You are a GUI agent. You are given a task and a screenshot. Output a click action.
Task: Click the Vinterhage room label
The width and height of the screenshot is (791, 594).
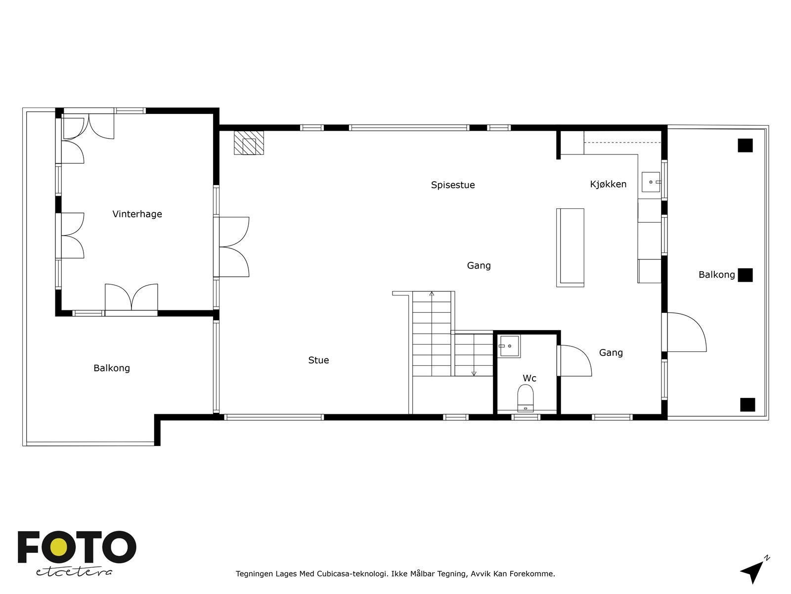click(137, 214)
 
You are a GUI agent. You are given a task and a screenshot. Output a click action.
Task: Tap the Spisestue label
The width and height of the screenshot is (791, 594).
click(452, 185)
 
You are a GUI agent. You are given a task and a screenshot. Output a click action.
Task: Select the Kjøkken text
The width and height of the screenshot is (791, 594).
click(608, 184)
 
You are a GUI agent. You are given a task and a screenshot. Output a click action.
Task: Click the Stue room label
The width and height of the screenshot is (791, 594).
click(318, 360)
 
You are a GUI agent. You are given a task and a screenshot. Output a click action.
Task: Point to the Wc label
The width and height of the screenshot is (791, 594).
click(529, 378)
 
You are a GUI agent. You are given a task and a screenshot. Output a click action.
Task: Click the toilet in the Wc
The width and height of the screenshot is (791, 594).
click(526, 398)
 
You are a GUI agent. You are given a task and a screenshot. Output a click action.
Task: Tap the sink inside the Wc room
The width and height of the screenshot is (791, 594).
click(509, 346)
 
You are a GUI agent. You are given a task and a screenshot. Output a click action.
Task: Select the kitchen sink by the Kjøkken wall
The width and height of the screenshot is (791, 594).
click(651, 182)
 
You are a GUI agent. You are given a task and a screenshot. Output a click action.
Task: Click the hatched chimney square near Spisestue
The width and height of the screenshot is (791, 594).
click(249, 143)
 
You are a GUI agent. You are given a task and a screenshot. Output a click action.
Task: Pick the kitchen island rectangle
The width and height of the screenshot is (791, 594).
click(570, 247)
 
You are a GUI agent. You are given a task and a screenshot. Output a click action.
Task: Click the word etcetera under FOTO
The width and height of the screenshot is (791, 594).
click(74, 572)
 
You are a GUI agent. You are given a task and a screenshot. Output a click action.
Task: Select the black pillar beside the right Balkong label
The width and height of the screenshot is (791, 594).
click(745, 275)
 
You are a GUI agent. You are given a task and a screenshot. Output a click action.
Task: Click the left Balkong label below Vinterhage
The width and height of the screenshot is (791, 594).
click(112, 368)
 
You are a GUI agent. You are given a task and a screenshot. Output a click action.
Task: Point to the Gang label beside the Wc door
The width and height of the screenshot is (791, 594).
click(611, 353)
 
